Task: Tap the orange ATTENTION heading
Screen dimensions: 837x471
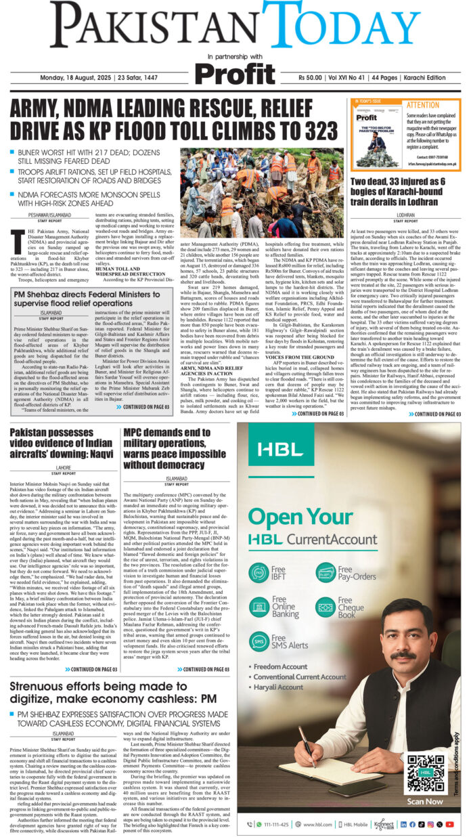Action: (423, 106)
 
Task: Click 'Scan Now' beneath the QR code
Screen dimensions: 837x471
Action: (425, 801)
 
